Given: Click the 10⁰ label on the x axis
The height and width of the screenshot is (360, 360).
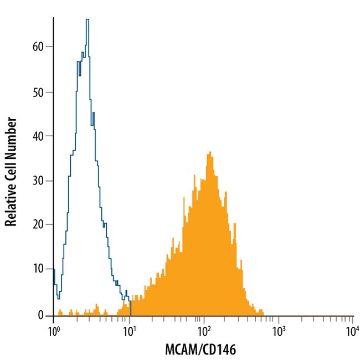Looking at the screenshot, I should pos(54,332).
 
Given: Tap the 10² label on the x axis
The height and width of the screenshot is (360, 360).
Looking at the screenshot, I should pos(204,332).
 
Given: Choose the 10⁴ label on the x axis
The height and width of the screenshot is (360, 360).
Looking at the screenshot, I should pos(353,332).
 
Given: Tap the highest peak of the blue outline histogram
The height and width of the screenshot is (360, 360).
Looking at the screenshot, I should pos(87,20).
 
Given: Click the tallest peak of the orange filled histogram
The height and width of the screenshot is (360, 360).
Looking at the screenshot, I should pos(209,152).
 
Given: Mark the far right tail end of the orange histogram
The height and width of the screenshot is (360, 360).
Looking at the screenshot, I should pos(263,313).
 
